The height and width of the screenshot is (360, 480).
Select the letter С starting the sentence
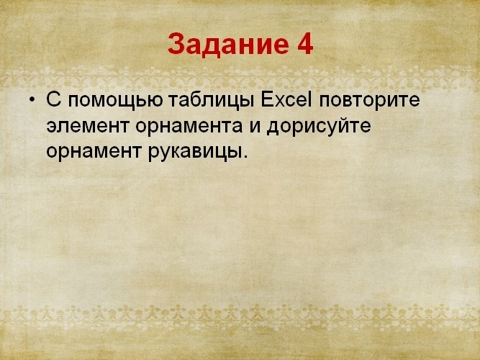click(53, 99)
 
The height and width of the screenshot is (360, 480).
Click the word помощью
click(115, 101)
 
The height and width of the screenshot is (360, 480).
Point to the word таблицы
click(212, 100)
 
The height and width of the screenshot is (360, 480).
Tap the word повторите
click(369, 101)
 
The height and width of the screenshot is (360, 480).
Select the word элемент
click(87, 126)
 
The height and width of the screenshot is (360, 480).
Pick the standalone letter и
click(255, 127)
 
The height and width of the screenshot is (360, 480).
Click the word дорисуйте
click(319, 126)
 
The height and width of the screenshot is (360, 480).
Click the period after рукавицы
click(244, 156)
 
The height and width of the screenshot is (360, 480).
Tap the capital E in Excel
click(267, 99)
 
